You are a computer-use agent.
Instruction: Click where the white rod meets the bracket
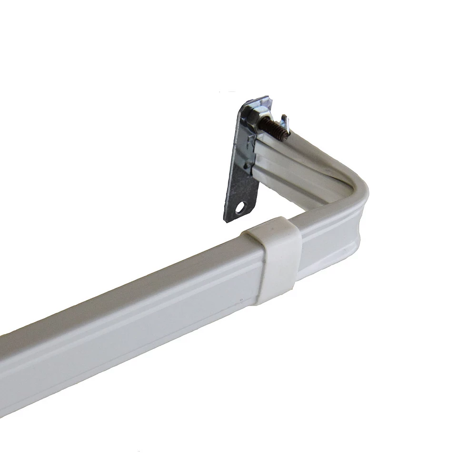point(255,152)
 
